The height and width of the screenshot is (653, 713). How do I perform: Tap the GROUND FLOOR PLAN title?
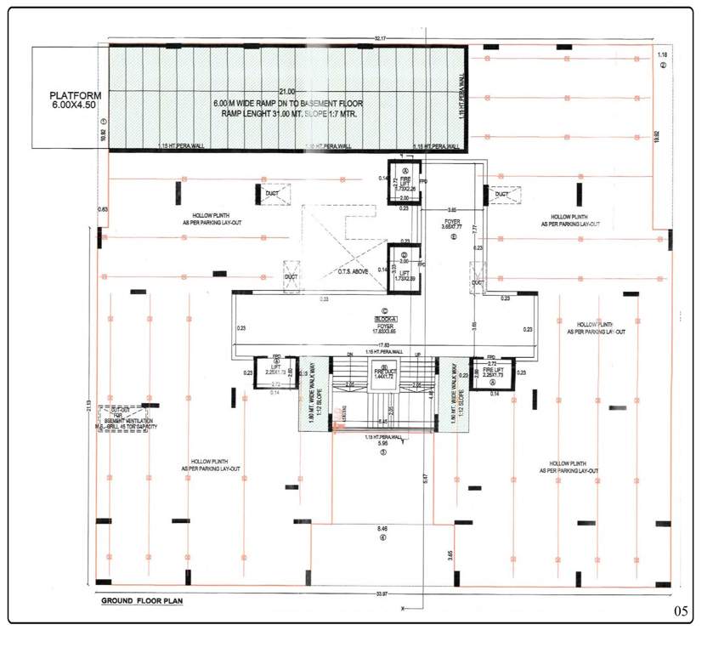tap(142, 600)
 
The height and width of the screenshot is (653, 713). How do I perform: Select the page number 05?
tap(680, 610)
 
